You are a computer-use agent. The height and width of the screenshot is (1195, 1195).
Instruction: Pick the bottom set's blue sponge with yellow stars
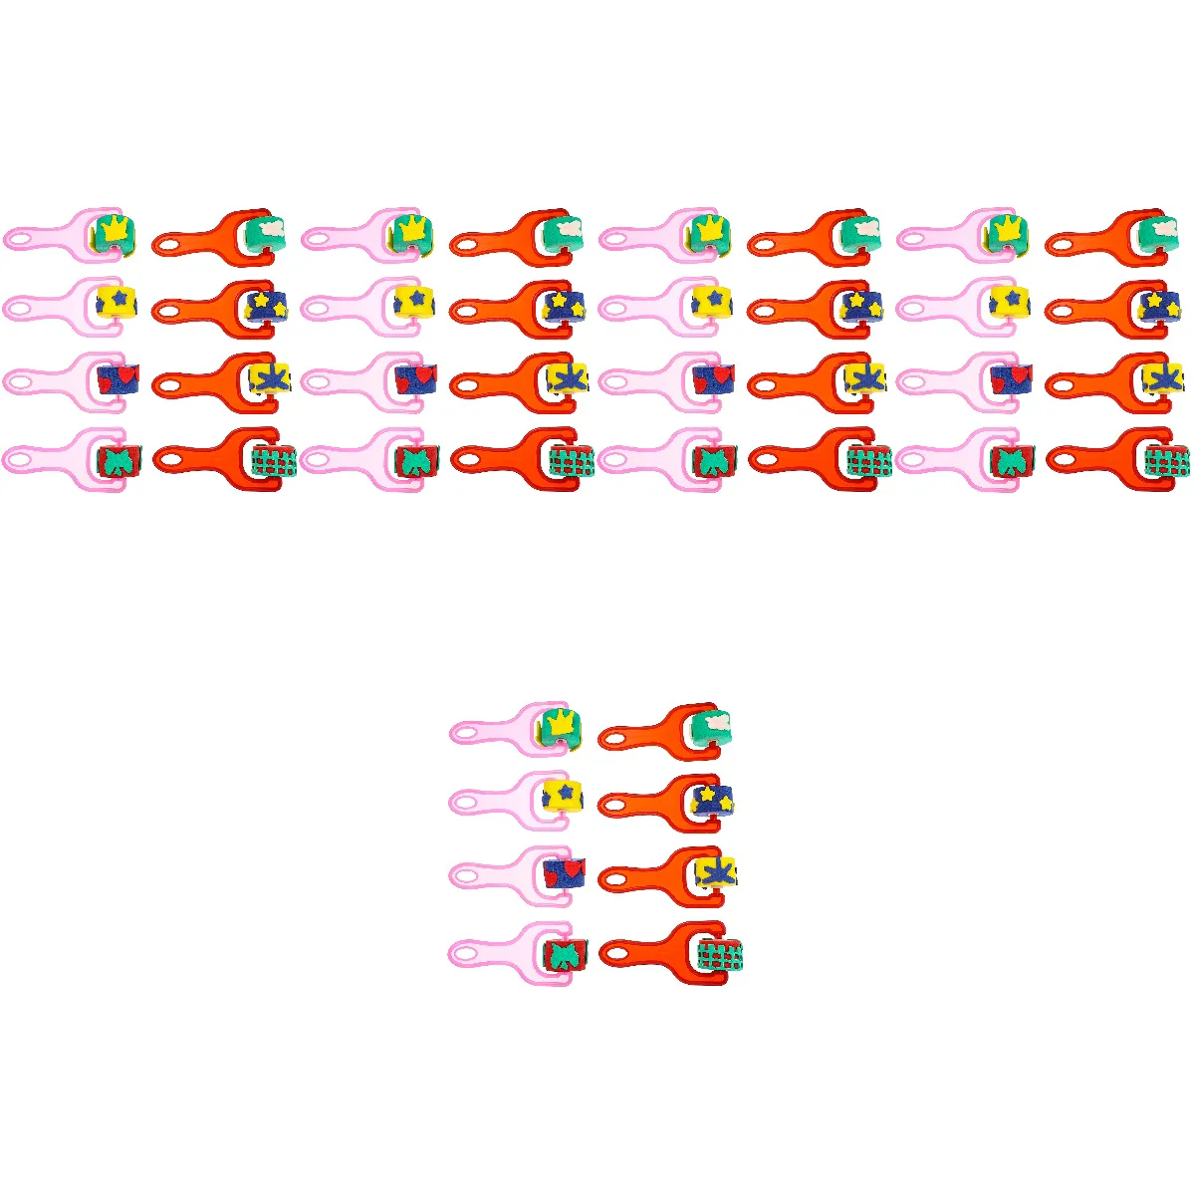713,798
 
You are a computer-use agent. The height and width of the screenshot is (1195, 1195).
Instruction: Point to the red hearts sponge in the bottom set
565,873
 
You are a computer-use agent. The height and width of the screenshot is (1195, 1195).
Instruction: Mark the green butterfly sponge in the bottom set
565,956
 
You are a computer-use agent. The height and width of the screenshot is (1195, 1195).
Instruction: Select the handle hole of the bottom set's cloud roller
614,738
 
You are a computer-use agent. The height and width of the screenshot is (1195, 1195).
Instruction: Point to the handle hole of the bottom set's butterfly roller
465,955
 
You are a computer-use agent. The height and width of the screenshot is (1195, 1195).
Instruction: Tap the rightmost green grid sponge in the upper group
1166,461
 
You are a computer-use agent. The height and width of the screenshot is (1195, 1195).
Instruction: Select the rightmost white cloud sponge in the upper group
1160,231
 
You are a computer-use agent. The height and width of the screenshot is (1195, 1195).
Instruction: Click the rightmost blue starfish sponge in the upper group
1162,378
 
